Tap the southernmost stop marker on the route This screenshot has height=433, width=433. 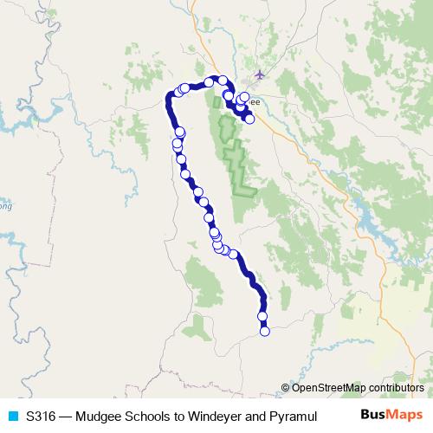click(x=265, y=331)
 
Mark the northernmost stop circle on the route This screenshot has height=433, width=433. click(x=223, y=80)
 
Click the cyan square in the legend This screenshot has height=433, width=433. click(x=12, y=416)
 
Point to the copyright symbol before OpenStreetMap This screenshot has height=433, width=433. click(x=286, y=388)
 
